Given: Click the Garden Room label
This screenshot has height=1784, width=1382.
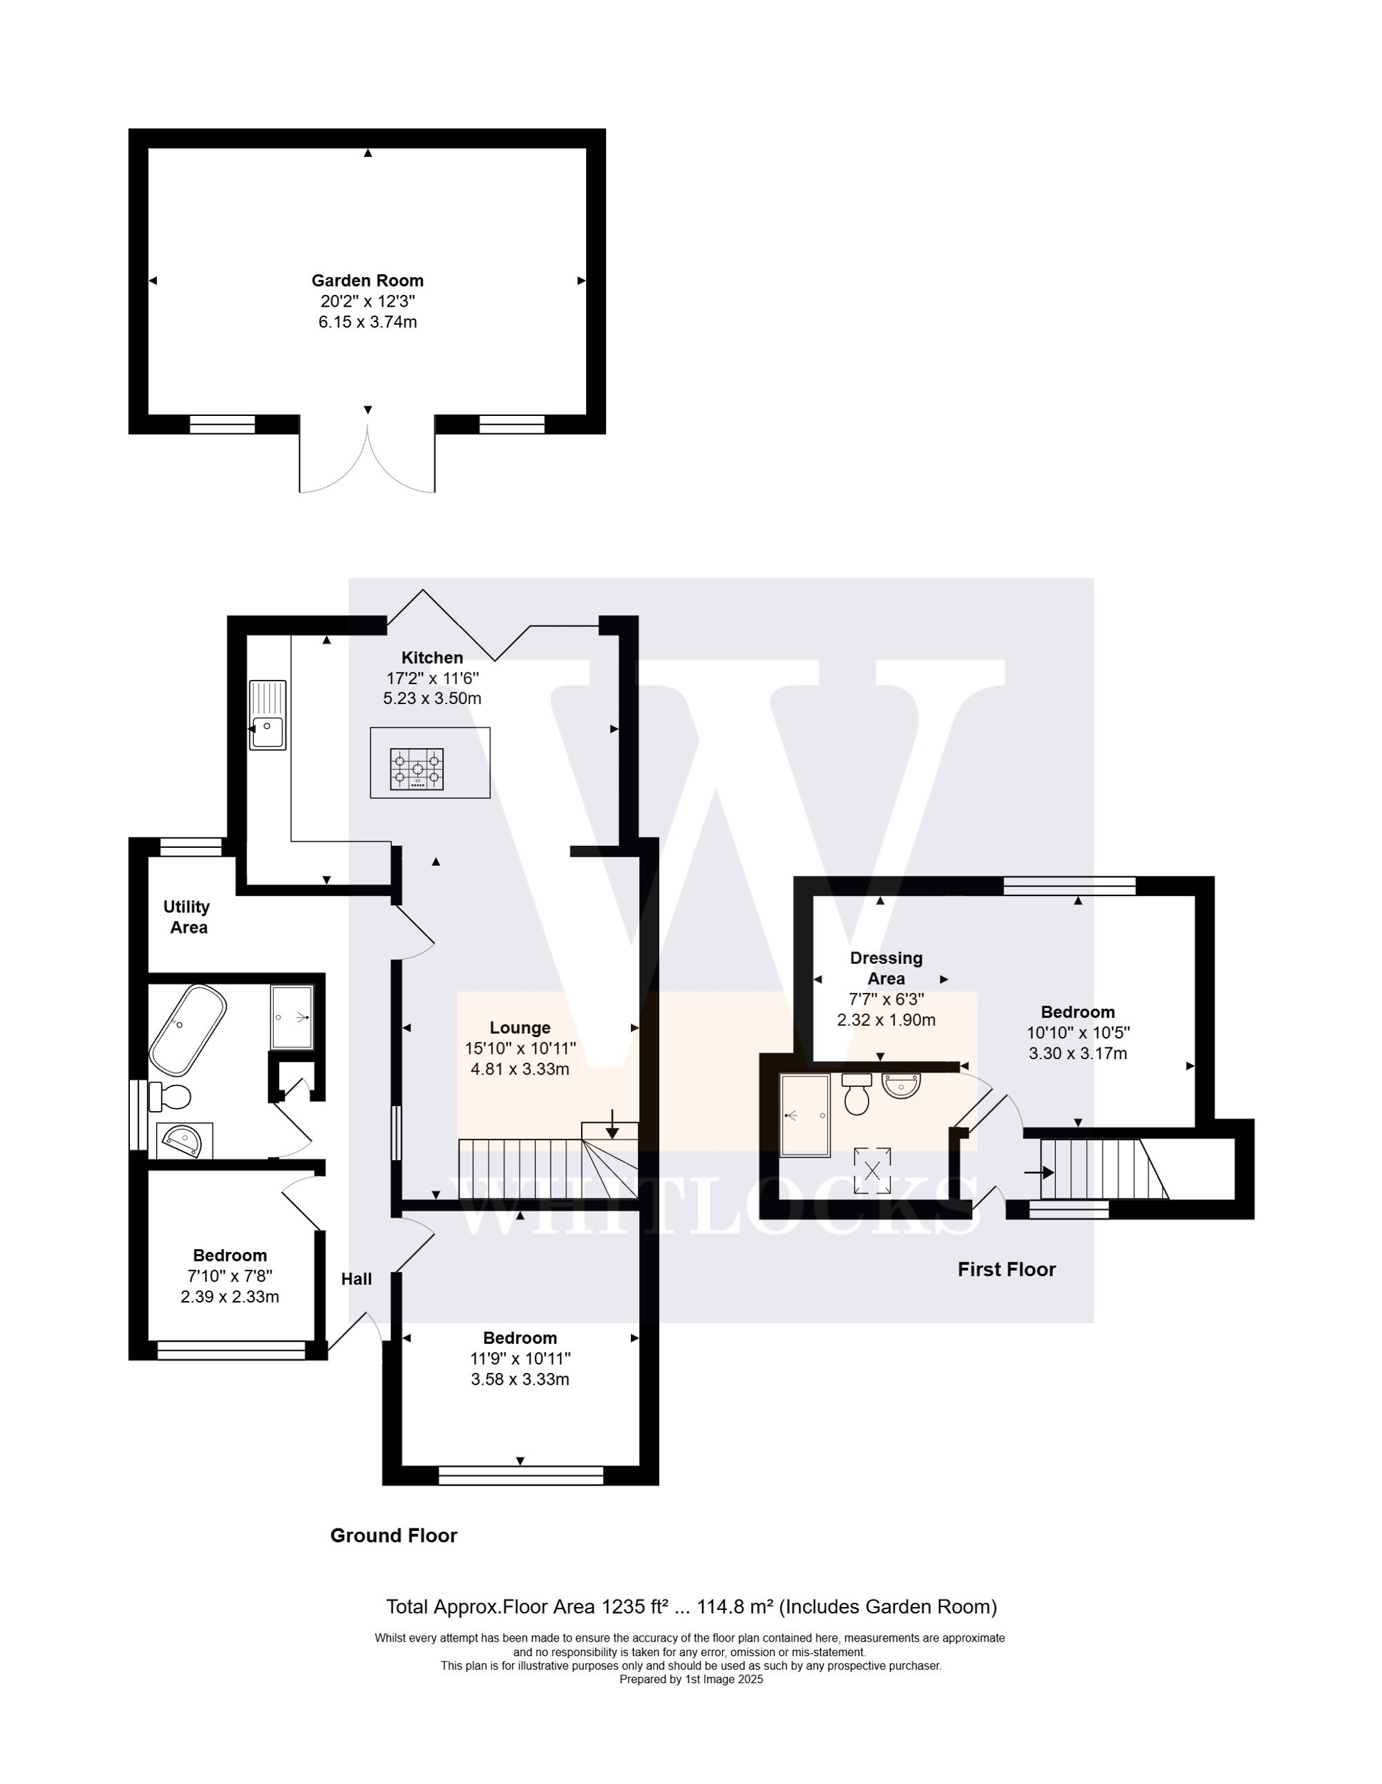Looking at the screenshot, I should click(368, 281).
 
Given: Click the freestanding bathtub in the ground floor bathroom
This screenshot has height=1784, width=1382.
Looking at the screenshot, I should click(187, 1031).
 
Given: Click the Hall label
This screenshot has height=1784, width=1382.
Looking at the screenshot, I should click(356, 1279).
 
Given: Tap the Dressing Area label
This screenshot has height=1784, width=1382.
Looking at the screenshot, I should click(887, 968).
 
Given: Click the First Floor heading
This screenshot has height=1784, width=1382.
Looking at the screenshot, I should click(1006, 1269).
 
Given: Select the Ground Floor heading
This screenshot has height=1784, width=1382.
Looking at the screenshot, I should click(393, 1536).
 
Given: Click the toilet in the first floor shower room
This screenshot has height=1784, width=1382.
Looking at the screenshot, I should click(857, 1094).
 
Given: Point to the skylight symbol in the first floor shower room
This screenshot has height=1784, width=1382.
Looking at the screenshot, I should click(872, 1170).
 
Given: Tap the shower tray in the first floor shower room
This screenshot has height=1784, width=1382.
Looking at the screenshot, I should click(805, 1115).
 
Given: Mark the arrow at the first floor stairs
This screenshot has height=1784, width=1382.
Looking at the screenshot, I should click(1040, 1173).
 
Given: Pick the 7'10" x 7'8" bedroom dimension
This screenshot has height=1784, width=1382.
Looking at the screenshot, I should click(229, 1276).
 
